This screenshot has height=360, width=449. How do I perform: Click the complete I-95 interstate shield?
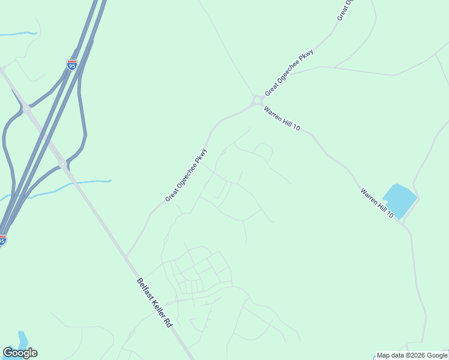click(x=71, y=65)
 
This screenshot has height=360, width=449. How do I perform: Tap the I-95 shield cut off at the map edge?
click(x=2, y=240)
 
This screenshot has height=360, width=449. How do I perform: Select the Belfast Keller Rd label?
click(x=154, y=302)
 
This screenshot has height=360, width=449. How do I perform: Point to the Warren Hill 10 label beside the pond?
click(x=377, y=203)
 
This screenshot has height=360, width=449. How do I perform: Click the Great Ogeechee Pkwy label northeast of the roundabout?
click(x=289, y=72)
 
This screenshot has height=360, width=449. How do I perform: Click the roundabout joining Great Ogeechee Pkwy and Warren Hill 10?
click(x=258, y=100)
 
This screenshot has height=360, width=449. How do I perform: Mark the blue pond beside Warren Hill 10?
click(x=399, y=199)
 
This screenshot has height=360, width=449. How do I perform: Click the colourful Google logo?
click(x=20, y=353)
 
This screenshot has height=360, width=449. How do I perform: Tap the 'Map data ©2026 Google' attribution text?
click(x=412, y=355)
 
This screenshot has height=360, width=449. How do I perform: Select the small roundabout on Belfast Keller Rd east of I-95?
click(x=62, y=163)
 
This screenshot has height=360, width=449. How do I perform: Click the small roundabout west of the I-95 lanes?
click(x=26, y=109)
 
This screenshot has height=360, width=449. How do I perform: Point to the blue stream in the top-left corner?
click(x=18, y=34)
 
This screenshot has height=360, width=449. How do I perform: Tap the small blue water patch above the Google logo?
click(x=23, y=338)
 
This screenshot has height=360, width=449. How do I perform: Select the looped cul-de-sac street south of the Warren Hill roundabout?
click(x=263, y=150)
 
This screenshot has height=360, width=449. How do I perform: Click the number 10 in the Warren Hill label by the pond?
click(x=390, y=214)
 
